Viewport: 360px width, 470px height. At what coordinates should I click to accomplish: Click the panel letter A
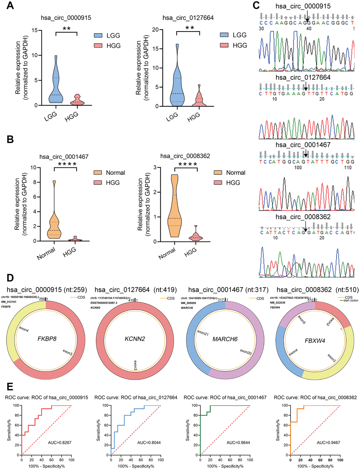10,6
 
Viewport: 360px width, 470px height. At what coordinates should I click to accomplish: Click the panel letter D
10,278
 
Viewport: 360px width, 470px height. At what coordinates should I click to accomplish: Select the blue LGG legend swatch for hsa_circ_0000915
98,35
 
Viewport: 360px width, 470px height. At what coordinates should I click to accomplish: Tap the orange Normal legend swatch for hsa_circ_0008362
218,173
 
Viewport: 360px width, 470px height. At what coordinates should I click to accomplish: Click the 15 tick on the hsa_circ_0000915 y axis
34,30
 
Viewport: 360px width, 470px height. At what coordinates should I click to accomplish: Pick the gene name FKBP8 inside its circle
47,339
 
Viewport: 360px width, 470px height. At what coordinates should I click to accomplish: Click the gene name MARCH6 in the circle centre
225,339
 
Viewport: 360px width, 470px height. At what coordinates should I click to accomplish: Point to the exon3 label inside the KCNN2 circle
135,365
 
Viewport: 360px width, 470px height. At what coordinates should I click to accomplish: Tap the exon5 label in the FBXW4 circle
302,320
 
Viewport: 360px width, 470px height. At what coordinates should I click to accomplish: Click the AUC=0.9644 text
238,442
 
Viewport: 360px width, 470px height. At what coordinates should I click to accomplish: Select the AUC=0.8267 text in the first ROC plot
60,442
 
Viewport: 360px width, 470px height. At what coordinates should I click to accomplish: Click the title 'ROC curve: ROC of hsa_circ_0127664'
136,398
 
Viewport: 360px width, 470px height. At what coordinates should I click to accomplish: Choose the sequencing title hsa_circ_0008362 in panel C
303,217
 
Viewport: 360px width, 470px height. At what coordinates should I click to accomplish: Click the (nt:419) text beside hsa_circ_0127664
165,290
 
